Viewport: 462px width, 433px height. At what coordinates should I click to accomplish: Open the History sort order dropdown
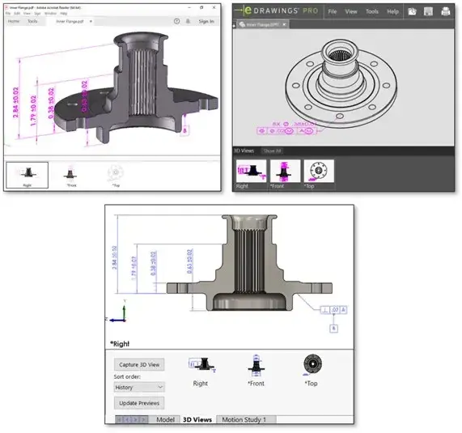tap(140, 387)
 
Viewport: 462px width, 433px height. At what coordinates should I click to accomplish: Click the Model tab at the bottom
tap(165, 419)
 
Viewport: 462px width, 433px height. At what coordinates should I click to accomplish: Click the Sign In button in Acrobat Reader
tap(206, 21)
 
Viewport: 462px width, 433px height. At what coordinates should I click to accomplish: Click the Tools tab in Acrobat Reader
tap(32, 21)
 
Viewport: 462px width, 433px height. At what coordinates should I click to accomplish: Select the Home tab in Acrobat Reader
tap(13, 21)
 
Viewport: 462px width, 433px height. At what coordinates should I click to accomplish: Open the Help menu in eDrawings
tap(392, 12)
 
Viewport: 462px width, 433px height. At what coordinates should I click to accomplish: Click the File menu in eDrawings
tap(332, 12)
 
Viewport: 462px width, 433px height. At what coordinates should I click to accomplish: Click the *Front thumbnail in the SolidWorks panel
tap(255, 368)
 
